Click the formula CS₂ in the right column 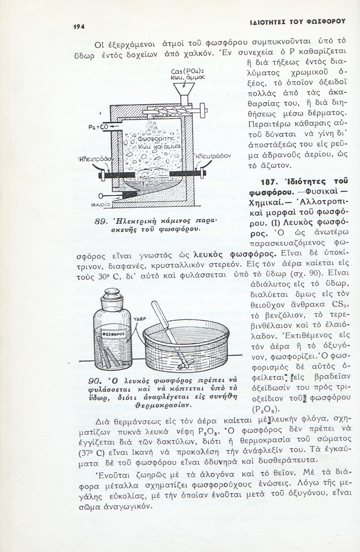coord(341,305)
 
